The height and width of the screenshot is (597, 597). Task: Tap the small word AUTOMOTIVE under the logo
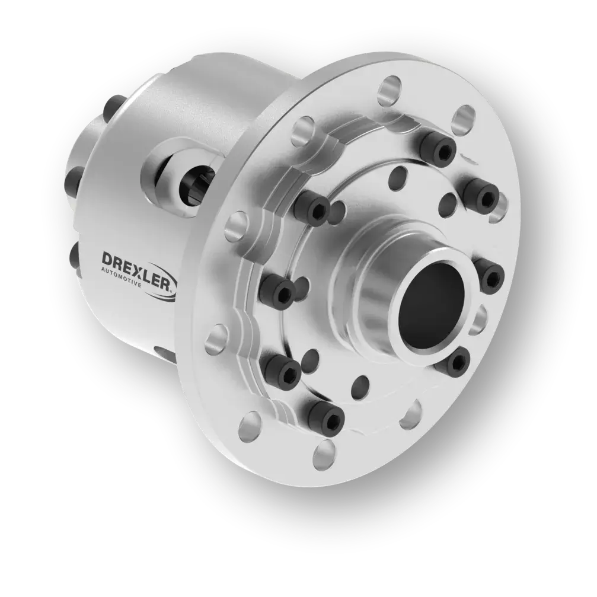click(122, 277)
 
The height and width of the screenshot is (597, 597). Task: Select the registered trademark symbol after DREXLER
click(173, 291)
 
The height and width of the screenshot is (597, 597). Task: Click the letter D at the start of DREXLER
click(108, 260)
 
